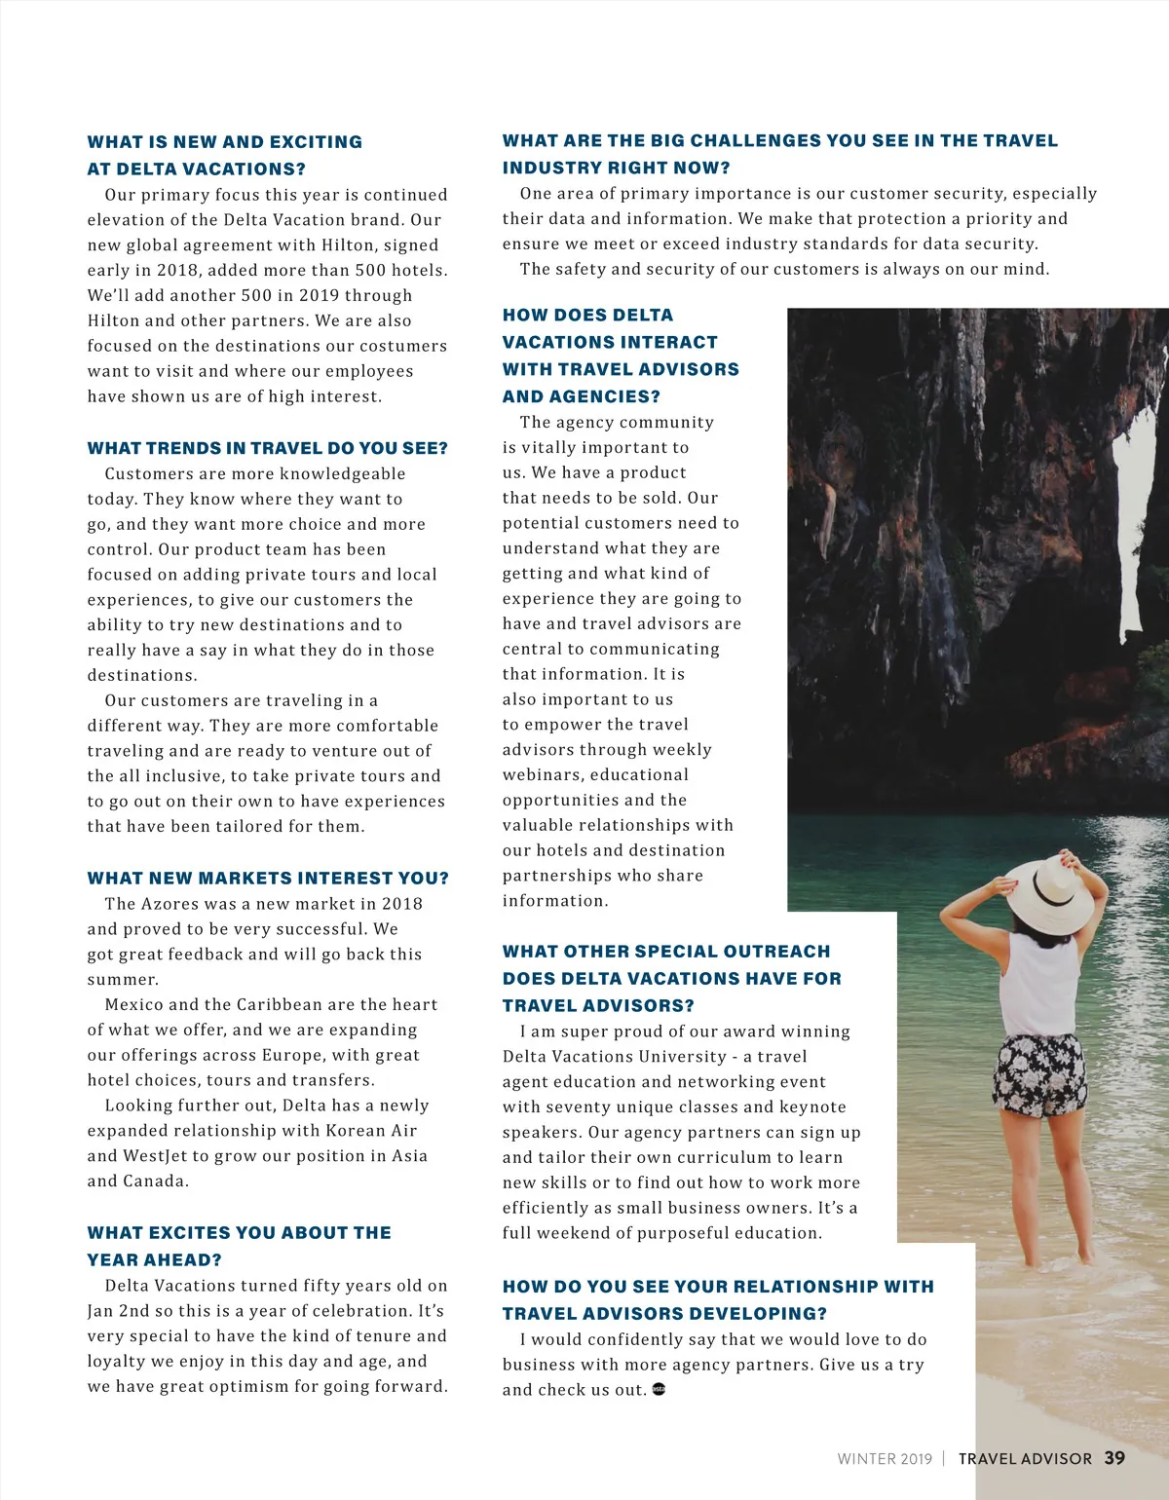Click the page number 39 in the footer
pos(1114,1458)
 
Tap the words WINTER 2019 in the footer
pos(885,1459)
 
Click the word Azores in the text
pos(174,904)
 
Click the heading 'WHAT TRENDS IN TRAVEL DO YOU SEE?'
pos(268,448)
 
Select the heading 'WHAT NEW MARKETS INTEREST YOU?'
pos(268,879)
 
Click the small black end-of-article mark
pos(659,1389)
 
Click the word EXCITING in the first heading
pos(316,142)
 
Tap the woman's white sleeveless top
pos(1038,984)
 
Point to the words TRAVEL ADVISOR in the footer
pos(1025,1459)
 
